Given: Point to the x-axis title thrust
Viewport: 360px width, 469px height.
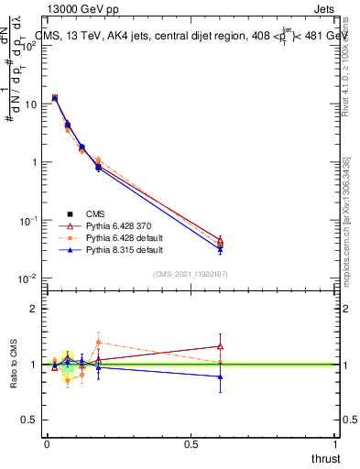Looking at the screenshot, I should [325, 456].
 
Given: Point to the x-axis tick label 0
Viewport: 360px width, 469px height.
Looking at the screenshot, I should [46, 443].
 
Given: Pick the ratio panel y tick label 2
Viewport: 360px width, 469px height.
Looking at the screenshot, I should [33, 309].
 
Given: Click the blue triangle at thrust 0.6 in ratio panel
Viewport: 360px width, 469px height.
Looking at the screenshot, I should [219, 376].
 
